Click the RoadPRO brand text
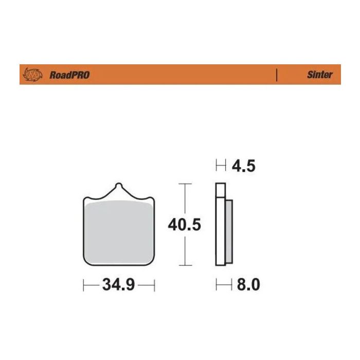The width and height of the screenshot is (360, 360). click(x=69, y=75)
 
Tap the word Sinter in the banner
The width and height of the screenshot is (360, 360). click(x=320, y=75)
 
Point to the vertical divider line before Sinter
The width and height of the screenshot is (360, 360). click(x=277, y=75)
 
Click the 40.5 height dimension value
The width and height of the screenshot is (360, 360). click(x=184, y=225)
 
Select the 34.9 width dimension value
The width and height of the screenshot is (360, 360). click(x=118, y=285)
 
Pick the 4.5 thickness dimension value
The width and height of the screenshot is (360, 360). click(x=244, y=166)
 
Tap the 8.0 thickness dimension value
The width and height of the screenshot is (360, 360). click(x=248, y=285)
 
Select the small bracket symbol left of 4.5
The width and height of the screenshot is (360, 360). click(x=221, y=166)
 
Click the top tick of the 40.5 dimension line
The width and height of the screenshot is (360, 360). click(x=185, y=184)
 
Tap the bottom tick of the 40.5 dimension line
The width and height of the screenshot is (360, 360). click(x=185, y=265)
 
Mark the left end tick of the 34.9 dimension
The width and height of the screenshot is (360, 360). click(x=84, y=285)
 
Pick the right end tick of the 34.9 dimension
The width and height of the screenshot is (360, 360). click(x=154, y=285)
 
